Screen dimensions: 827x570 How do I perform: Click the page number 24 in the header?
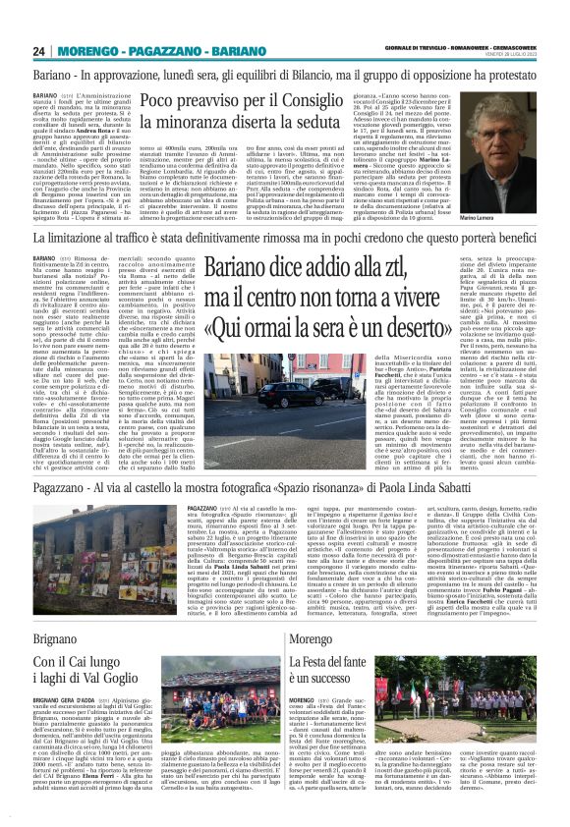click(x=39, y=51)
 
